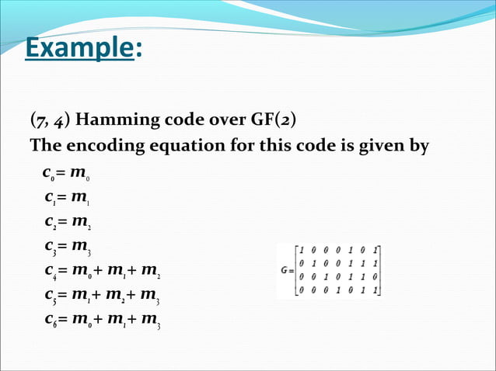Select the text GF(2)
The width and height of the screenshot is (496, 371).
[x=272, y=122]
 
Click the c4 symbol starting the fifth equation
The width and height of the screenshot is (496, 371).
[x=50, y=273]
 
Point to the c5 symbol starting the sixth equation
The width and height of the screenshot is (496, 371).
[x=50, y=297]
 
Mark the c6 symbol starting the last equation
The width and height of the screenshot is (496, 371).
[x=50, y=322]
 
